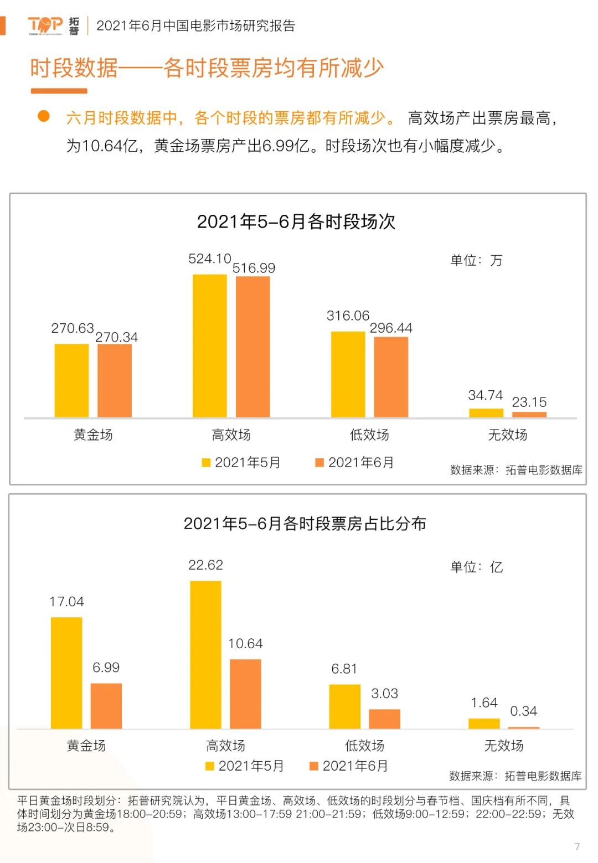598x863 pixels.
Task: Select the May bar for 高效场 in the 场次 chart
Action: (209, 345)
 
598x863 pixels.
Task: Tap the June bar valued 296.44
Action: (391, 376)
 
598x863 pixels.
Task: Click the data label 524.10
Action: (209, 259)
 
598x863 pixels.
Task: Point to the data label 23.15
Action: (529, 402)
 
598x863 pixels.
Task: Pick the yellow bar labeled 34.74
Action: (486, 413)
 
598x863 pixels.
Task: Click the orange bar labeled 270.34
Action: (115, 380)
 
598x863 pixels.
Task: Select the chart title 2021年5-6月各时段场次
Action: (296, 222)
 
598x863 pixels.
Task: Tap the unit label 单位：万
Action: (476, 260)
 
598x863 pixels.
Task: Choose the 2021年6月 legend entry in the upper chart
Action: (355, 463)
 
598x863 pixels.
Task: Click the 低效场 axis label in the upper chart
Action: (369, 435)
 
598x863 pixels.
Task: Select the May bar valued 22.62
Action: (205, 654)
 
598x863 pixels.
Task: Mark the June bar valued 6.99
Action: (106, 706)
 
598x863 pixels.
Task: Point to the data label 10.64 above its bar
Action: (245, 644)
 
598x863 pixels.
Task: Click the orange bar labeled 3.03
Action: (384, 719)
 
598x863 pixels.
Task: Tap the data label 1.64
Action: (484, 703)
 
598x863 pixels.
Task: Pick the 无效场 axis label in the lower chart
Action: (503, 746)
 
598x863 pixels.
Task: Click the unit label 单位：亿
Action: (476, 567)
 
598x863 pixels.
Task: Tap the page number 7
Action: (577, 847)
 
